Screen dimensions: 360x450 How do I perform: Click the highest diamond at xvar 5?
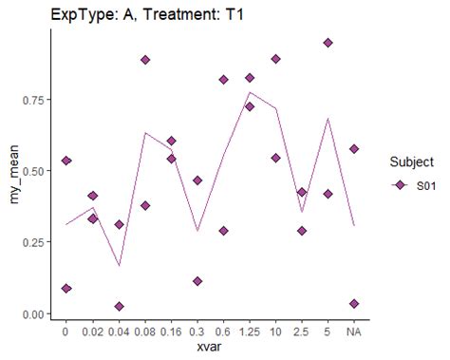[328, 43]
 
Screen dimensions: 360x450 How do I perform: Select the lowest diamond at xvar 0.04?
[119, 307]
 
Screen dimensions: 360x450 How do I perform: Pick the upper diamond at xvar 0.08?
[145, 60]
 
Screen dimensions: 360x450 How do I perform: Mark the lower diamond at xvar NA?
[354, 304]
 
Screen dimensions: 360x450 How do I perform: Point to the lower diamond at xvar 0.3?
[197, 281]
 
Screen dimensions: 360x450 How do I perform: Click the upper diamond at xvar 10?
[275, 59]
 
